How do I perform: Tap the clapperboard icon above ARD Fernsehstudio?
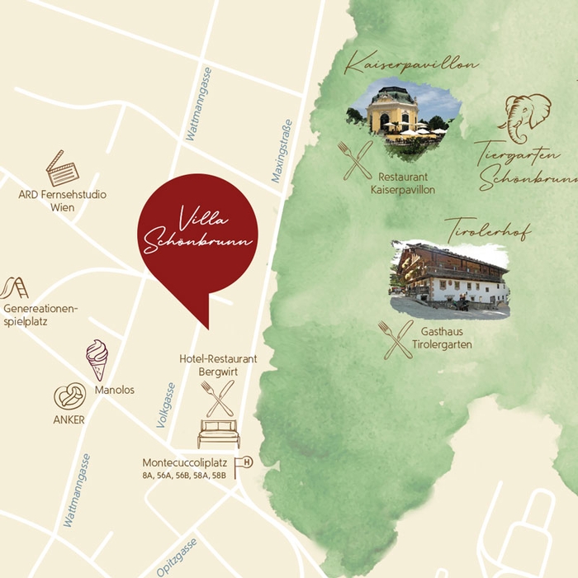62,168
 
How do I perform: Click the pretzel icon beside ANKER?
69,396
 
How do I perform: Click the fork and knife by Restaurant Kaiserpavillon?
355,160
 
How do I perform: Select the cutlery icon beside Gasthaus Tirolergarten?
396,339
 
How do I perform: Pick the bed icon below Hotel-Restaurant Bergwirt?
219,433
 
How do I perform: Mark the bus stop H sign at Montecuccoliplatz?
244,465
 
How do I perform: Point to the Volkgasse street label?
166,405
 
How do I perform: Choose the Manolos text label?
115,390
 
